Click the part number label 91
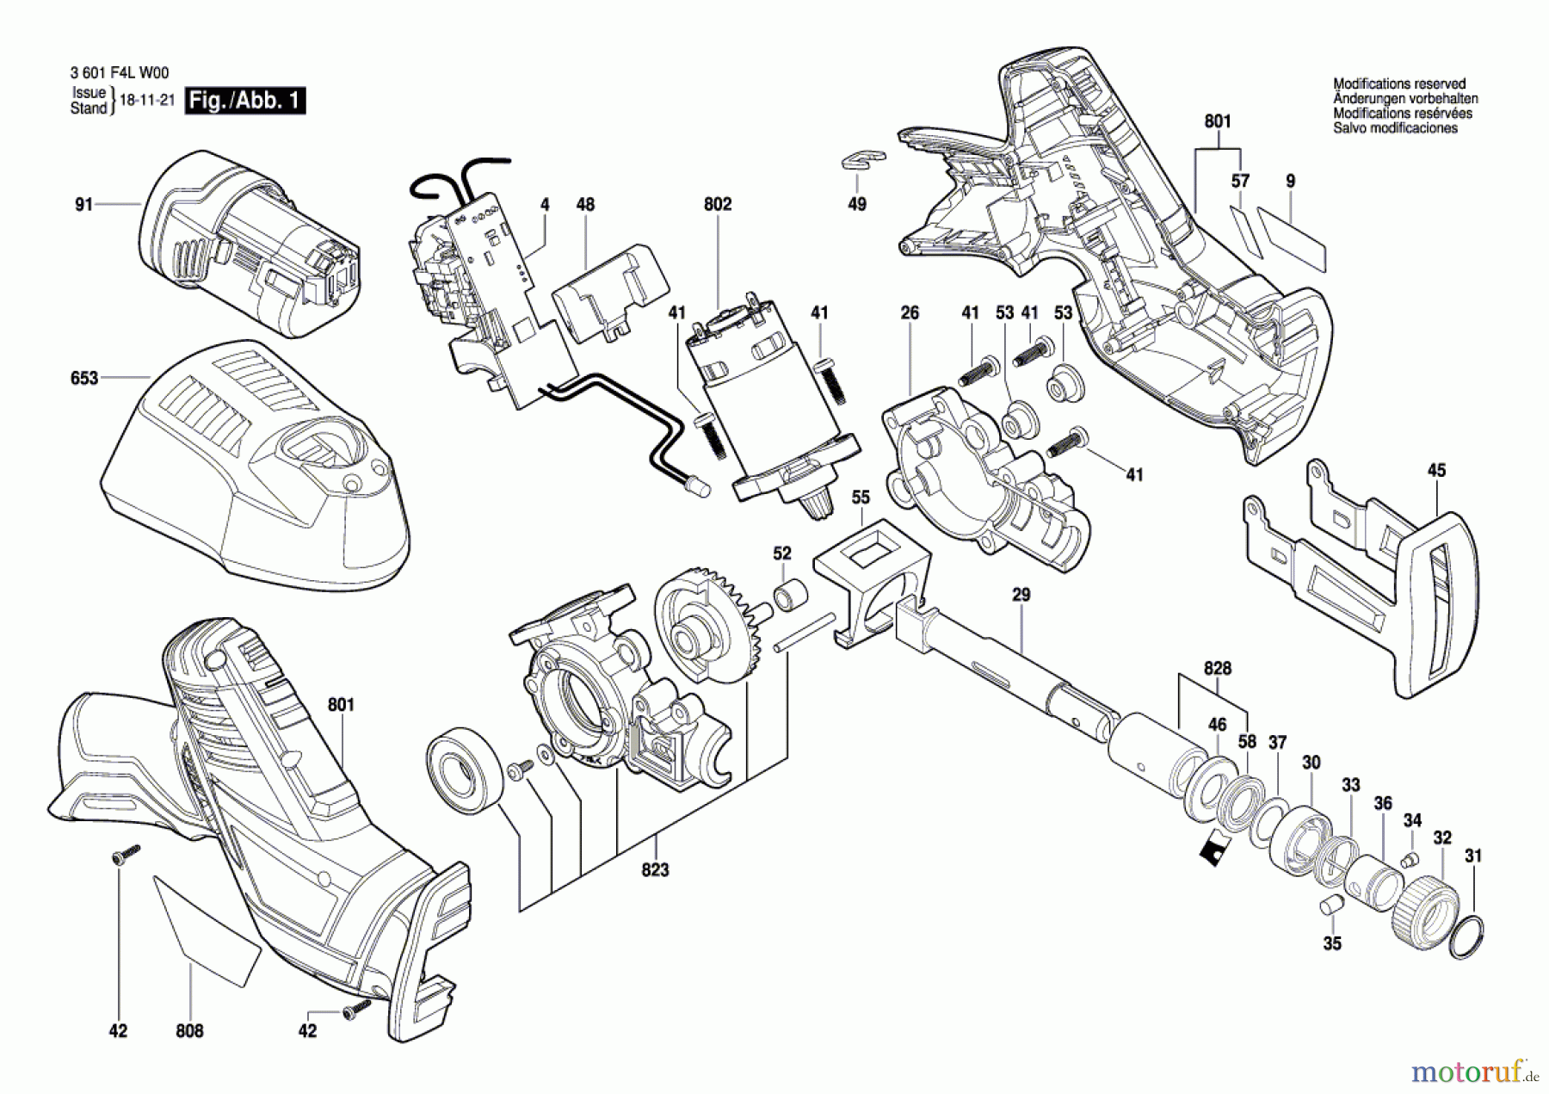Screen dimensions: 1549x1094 tap(83, 205)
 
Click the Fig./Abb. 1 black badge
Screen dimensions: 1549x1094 tap(245, 101)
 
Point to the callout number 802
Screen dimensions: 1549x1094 tap(718, 204)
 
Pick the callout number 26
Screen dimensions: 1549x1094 tap(910, 313)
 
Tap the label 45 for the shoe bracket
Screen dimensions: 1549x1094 tap(1436, 471)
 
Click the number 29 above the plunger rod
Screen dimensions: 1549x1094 tap(1021, 595)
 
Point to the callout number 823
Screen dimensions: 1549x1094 tap(655, 870)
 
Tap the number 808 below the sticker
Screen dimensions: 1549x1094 tap(189, 1031)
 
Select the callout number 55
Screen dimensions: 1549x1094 tap(861, 498)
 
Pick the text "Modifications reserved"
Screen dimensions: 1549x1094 tap(1399, 84)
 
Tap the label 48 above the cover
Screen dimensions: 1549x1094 tap(585, 205)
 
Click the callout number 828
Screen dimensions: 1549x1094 tap(1218, 668)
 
